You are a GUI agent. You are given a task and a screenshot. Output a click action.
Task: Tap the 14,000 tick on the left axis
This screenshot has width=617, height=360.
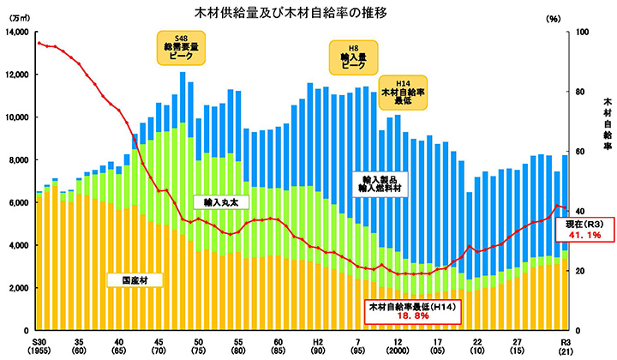point(16,32)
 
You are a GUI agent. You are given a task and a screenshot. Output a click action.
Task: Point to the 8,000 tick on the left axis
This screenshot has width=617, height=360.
point(18,160)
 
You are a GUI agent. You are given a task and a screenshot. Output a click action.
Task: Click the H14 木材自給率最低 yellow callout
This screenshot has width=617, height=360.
point(404,91)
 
